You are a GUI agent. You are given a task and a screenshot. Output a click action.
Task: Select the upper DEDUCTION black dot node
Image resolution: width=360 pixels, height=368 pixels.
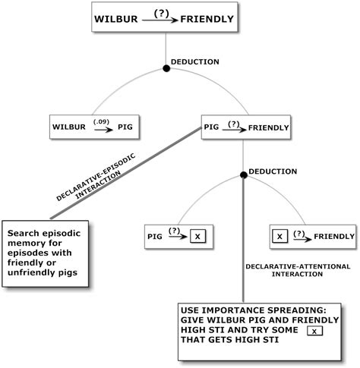166,69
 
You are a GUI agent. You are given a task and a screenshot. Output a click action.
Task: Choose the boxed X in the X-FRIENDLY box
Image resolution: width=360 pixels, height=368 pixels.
280,237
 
